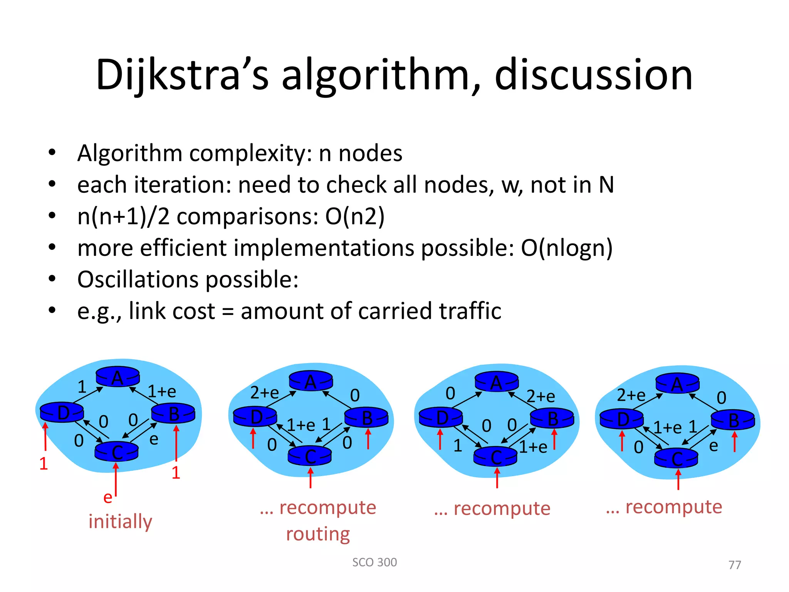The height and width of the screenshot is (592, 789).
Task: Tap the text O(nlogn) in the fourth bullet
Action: pyautogui.click(x=566, y=248)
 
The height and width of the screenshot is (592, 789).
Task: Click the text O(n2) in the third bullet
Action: pyautogui.click(x=355, y=216)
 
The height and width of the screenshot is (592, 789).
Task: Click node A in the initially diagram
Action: pyautogui.click(x=118, y=377)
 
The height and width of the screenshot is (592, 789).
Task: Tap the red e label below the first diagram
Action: pyautogui.click(x=107, y=497)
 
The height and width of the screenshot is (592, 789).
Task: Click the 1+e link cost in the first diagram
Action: pyautogui.click(x=162, y=392)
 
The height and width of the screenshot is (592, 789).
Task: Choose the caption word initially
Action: pyautogui.click(x=120, y=521)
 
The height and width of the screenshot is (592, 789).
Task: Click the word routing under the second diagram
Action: pyautogui.click(x=318, y=534)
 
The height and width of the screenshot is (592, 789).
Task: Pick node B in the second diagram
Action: pyautogui.click(x=366, y=417)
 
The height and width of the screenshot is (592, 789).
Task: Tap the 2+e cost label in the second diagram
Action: pyautogui.click(x=264, y=393)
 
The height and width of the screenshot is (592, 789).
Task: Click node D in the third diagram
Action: pyautogui.click(x=441, y=417)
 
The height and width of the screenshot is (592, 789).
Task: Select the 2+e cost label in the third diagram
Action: pyautogui.click(x=541, y=396)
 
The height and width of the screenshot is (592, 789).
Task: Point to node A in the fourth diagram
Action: pyautogui.click(x=677, y=383)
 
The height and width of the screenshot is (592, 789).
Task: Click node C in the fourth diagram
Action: pyautogui.click(x=677, y=459)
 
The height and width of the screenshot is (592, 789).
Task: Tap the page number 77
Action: pyautogui.click(x=735, y=565)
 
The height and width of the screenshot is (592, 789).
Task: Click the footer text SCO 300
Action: pyautogui.click(x=374, y=562)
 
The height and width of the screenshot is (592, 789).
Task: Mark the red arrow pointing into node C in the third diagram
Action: pyautogui.click(x=497, y=478)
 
